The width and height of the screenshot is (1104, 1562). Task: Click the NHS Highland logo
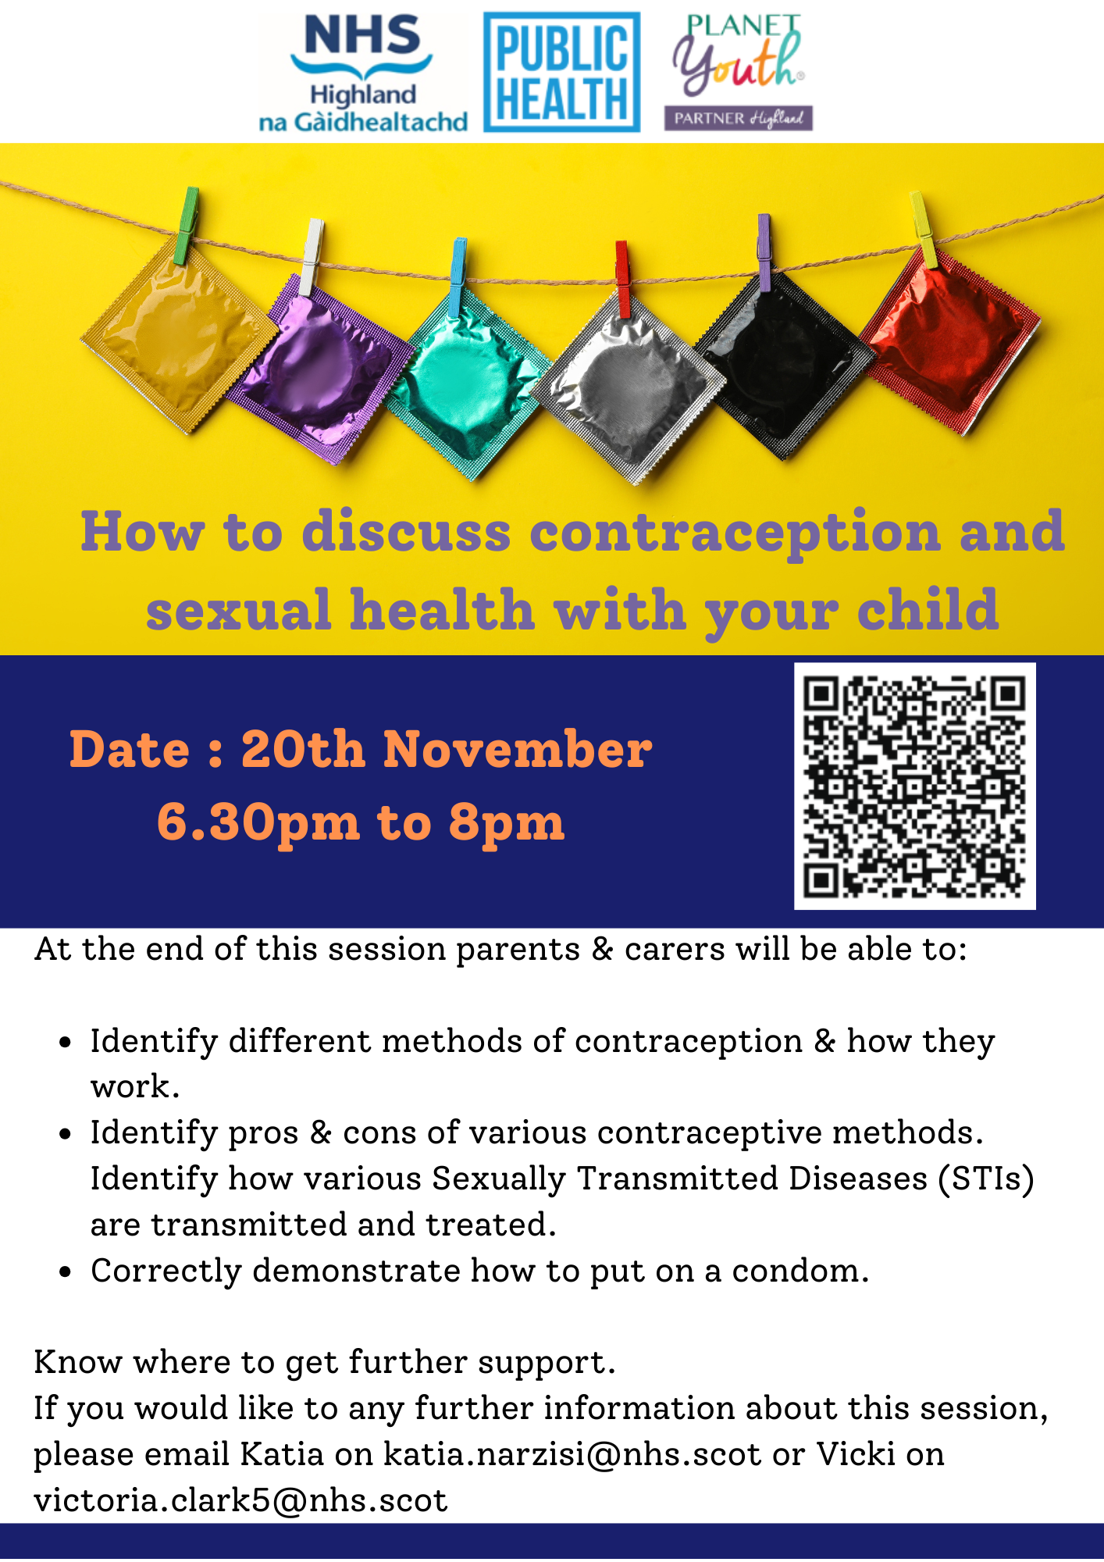pos(363,72)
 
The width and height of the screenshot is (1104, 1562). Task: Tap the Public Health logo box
pos(561,72)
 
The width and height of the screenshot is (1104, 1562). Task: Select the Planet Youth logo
pos(739,72)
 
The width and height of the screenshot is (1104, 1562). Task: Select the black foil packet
pos(783,365)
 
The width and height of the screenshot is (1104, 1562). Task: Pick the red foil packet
pos(949,341)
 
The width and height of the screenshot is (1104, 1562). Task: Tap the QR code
pos(914,786)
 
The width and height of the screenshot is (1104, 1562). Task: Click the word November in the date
pos(517,750)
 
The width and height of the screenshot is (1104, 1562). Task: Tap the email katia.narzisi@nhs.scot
pos(572,1454)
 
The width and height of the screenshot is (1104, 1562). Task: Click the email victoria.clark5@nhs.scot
pos(240,1500)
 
